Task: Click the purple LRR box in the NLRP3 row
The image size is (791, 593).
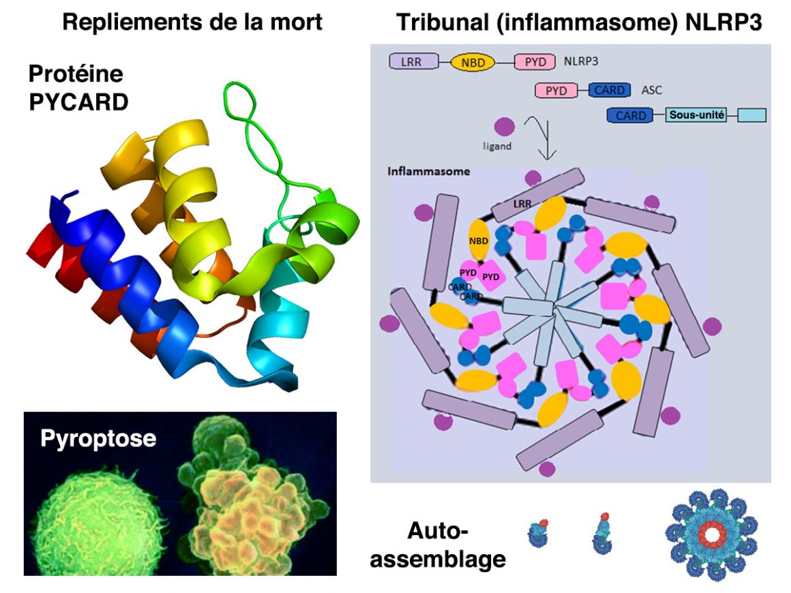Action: coord(411,62)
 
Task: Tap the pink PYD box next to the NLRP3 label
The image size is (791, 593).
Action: coord(536,62)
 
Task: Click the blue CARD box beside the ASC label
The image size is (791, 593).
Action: coord(610,90)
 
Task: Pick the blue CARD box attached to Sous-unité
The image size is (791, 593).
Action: coord(631,115)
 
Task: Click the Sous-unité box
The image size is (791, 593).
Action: coord(696,115)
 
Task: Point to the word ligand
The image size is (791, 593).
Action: coord(496,147)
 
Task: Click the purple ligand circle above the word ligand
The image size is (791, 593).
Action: coord(503,127)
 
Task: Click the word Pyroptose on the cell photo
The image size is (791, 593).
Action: coord(98,438)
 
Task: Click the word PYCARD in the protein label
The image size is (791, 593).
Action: coord(78,102)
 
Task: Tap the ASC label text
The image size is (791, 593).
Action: coord(652,90)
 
